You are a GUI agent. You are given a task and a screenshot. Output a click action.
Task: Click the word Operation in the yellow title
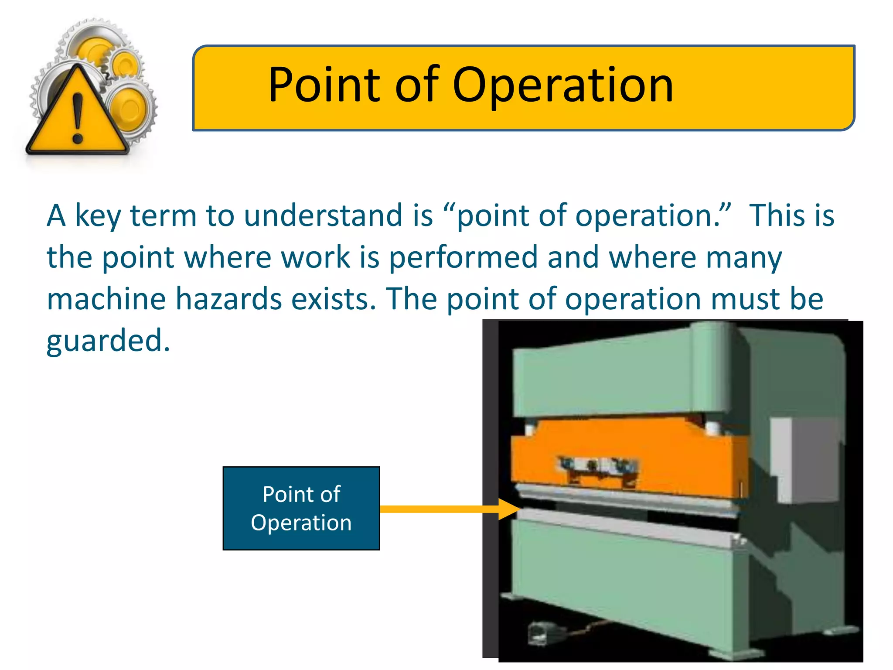coord(562,85)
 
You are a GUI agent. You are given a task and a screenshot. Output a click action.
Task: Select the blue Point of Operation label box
coord(301,508)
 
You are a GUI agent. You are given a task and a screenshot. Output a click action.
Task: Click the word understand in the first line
coord(323,215)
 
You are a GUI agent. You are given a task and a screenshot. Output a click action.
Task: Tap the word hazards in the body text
coord(228,299)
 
